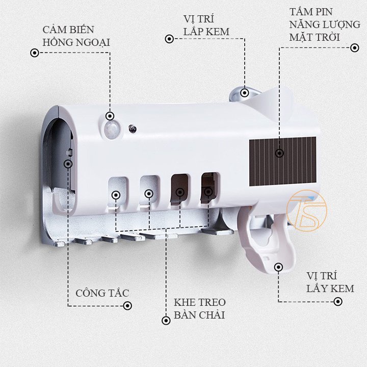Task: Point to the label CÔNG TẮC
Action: point(102,293)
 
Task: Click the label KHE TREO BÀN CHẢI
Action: point(199,308)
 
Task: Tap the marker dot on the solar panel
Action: point(279,152)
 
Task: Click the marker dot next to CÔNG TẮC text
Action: point(127,306)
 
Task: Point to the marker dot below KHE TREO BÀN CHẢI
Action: point(166,320)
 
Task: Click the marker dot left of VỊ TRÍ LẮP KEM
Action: point(168,38)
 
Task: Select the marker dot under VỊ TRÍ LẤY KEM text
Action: point(338,301)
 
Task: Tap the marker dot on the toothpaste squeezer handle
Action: point(278,267)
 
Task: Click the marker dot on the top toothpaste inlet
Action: point(245,93)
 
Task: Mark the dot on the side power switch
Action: point(68,163)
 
